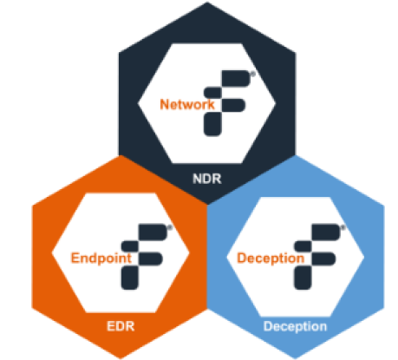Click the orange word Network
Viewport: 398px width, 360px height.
(187, 104)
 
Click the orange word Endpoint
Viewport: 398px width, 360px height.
(101, 258)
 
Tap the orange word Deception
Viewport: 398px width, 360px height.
(271, 258)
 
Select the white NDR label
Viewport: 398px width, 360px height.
(207, 179)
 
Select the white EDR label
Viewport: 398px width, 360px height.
(121, 326)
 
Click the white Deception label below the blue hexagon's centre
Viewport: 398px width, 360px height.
(295, 326)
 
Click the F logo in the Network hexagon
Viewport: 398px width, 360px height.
(227, 103)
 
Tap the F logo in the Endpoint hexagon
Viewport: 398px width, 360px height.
(144, 257)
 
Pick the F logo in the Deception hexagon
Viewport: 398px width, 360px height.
(317, 257)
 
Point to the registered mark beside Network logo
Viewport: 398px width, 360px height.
(253, 74)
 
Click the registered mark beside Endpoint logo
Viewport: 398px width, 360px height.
(170, 227)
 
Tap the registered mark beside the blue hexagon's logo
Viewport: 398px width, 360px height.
(343, 227)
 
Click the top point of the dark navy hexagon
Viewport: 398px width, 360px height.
(207, 3)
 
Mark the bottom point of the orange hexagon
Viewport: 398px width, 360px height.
(121, 358)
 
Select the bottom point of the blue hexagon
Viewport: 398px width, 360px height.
(295, 358)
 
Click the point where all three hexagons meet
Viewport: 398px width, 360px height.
(207, 204)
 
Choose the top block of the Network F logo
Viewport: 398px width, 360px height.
(236, 78)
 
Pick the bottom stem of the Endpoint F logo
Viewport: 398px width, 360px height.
(129, 278)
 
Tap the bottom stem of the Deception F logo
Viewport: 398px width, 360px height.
(303, 278)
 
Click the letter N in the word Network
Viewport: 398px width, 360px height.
(164, 104)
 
